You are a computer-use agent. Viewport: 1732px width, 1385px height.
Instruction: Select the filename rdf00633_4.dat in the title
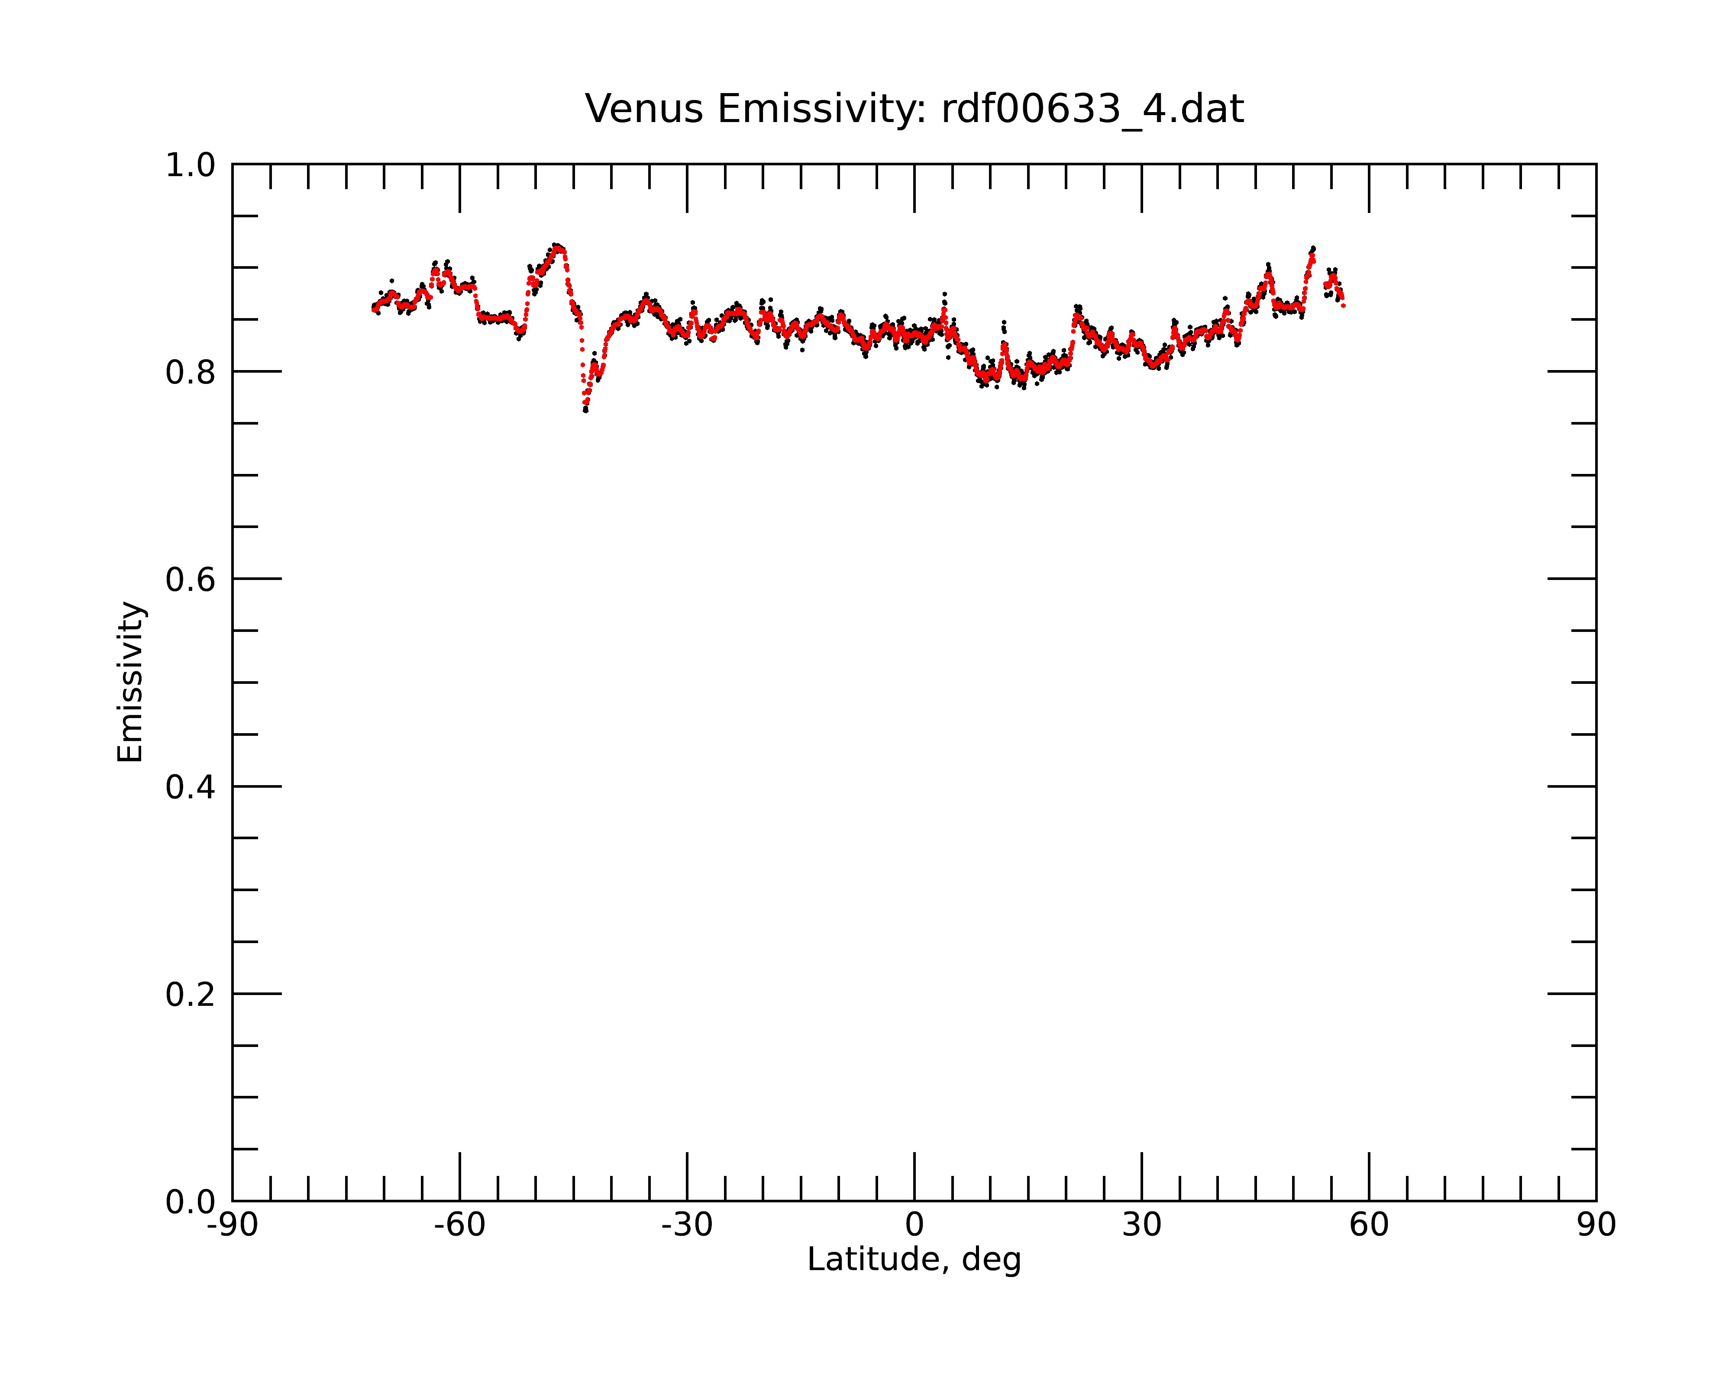(x=1092, y=109)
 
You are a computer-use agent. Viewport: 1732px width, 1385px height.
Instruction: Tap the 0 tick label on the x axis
(x=914, y=1225)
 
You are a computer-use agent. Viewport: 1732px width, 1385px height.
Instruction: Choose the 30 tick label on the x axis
(x=1141, y=1225)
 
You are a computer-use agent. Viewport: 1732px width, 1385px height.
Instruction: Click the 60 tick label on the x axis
(x=1369, y=1225)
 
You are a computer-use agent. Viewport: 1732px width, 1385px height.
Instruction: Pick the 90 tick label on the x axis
(x=1596, y=1225)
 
